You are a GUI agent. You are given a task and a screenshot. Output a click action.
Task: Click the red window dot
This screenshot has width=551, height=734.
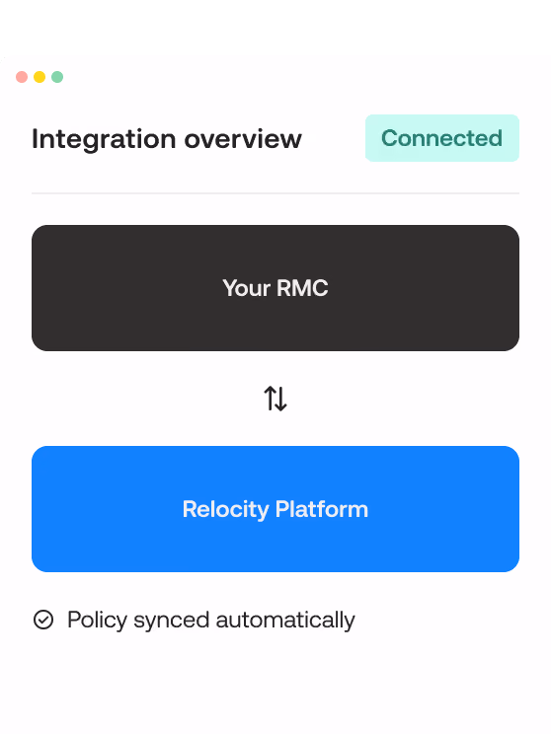click(x=22, y=77)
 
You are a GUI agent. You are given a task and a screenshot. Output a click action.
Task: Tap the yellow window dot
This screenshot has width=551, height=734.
click(x=39, y=77)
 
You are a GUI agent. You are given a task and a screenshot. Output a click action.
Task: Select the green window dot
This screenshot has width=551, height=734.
click(x=57, y=77)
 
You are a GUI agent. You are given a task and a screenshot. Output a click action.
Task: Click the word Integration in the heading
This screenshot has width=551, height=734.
click(x=104, y=140)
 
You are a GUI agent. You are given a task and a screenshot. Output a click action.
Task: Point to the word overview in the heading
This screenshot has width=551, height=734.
click(x=243, y=139)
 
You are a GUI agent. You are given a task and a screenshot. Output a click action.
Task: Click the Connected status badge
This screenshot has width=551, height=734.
click(x=441, y=138)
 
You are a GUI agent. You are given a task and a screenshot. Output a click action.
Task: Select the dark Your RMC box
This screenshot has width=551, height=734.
click(x=275, y=288)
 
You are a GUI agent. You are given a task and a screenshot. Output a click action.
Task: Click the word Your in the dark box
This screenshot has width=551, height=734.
click(x=247, y=288)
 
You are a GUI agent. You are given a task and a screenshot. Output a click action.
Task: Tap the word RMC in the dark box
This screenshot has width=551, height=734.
click(x=302, y=288)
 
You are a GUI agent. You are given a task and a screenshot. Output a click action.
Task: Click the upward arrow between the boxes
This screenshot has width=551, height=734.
click(x=270, y=399)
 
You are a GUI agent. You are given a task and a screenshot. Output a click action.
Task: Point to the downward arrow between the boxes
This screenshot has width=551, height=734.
click(x=281, y=399)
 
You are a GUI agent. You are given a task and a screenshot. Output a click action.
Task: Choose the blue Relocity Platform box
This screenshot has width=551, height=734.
click(x=275, y=509)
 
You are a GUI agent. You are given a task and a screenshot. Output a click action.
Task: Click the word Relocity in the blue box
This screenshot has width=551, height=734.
click(x=226, y=510)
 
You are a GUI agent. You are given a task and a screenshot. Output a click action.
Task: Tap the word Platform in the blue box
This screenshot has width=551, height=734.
click(x=322, y=509)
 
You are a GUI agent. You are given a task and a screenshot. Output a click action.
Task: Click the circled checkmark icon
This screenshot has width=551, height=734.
click(x=43, y=620)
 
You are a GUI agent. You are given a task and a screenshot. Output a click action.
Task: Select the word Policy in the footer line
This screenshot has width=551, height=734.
click(x=98, y=621)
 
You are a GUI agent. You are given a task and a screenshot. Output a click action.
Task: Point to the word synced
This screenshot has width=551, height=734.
click(x=172, y=621)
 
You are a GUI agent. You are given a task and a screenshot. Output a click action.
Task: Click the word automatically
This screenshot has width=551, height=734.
click(x=285, y=621)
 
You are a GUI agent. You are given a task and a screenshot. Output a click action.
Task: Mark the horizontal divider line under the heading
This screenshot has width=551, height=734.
click(x=275, y=192)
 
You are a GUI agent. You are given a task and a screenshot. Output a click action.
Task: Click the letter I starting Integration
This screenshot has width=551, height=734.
click(x=35, y=139)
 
